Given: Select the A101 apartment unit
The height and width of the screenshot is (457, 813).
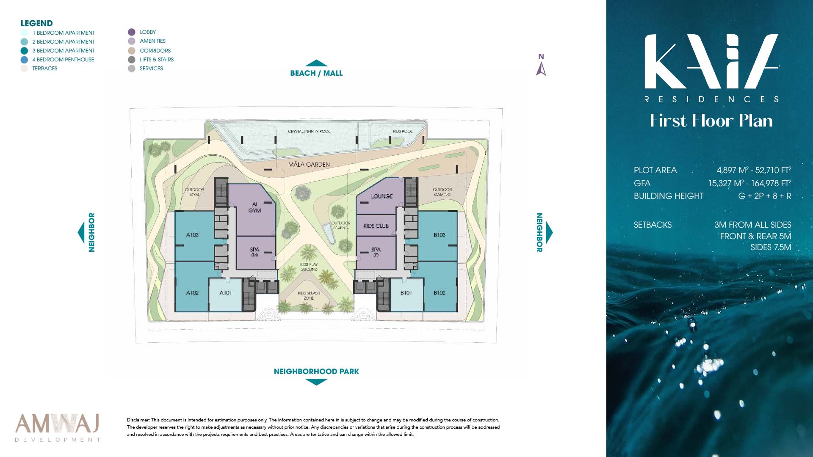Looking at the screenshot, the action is (x=226, y=295).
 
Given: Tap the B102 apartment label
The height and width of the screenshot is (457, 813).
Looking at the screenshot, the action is (x=440, y=293).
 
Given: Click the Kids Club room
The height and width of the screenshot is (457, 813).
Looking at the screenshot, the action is (x=376, y=226).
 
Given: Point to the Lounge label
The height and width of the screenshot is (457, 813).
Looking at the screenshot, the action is (x=382, y=196).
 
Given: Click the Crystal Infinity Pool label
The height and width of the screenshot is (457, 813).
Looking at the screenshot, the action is (x=309, y=132).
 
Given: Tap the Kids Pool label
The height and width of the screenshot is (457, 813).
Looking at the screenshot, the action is (x=403, y=132).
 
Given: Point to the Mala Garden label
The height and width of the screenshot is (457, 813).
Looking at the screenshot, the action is (x=309, y=165).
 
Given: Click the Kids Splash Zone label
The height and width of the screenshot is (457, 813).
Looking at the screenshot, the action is (x=309, y=295).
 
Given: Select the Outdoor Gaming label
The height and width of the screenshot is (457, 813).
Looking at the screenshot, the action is (x=442, y=192).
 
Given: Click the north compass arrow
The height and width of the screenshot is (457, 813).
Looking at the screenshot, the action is (x=541, y=69).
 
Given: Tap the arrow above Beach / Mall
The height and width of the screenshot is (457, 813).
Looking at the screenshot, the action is (x=316, y=63).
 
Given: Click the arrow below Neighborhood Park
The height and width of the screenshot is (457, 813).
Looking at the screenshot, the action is (x=316, y=382).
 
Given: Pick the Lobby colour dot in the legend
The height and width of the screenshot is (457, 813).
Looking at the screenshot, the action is (x=132, y=32).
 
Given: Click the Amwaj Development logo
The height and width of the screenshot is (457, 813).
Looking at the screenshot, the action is (x=58, y=428).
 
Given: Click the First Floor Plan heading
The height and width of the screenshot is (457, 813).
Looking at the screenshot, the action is (x=711, y=121).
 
